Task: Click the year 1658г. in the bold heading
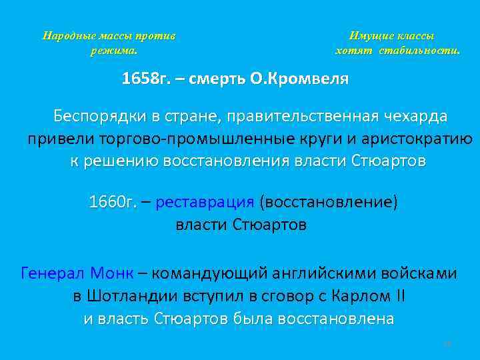tap(144, 79)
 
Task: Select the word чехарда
tap(415, 116)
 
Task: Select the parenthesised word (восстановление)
tap(328, 202)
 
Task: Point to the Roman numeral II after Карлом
tap(400, 296)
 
